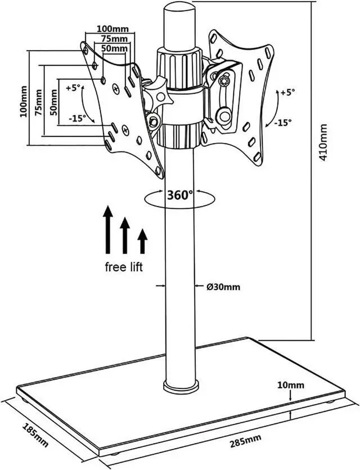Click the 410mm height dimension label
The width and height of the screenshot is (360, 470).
[x=324, y=142]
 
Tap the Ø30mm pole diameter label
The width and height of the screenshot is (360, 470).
[x=223, y=287]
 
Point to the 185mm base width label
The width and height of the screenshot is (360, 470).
[x=36, y=436]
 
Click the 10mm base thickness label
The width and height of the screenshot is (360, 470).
[x=290, y=385]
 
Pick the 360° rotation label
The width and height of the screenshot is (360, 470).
[x=179, y=195]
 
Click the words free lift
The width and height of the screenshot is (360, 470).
[x=124, y=266]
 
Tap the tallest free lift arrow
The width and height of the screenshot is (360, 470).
[x=108, y=229]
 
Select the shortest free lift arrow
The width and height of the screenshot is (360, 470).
[x=142, y=241]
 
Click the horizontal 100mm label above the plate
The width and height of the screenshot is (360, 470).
[x=112, y=29]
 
